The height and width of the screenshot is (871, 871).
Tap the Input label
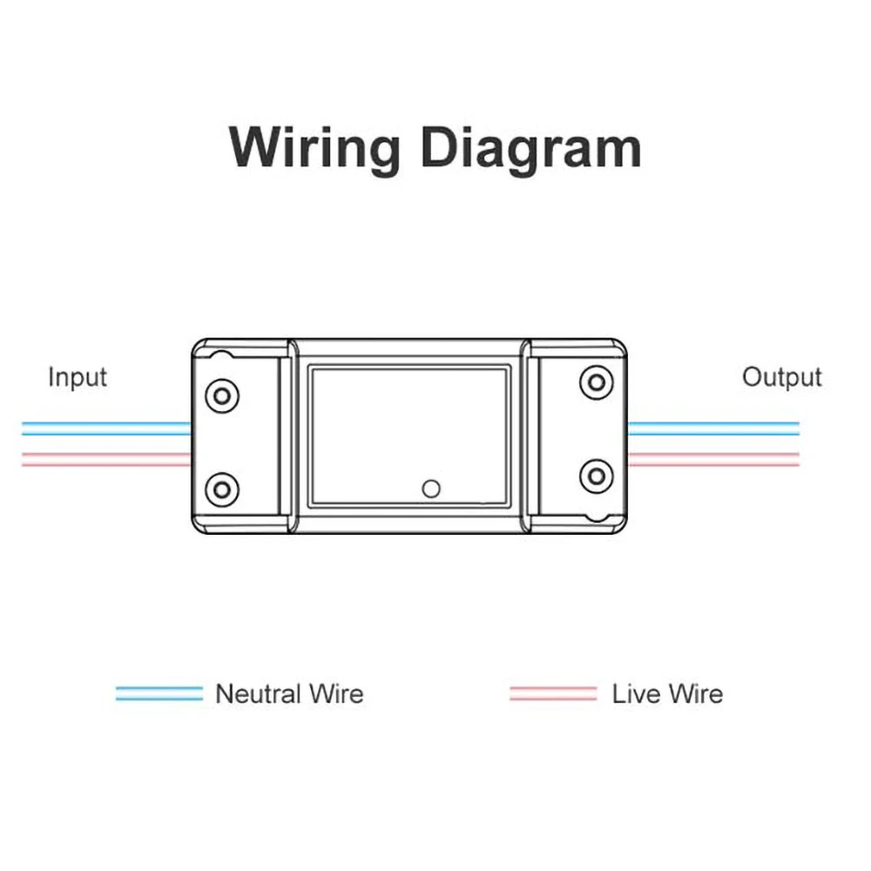(78, 377)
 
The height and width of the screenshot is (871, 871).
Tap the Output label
(781, 377)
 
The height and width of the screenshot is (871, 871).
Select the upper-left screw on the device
(222, 395)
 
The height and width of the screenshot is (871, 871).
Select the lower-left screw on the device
(222, 489)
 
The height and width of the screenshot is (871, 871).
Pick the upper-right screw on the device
(596, 382)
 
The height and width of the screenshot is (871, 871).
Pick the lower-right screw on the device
(596, 476)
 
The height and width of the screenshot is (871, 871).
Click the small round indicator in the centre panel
(430, 489)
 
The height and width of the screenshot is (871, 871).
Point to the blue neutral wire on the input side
(105, 429)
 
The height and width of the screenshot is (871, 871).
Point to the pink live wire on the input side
(105, 459)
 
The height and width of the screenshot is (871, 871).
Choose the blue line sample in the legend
(159, 694)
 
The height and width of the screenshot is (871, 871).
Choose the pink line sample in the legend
(553, 694)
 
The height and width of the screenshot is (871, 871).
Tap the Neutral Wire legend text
(289, 694)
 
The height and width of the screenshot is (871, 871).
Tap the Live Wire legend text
(667, 694)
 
